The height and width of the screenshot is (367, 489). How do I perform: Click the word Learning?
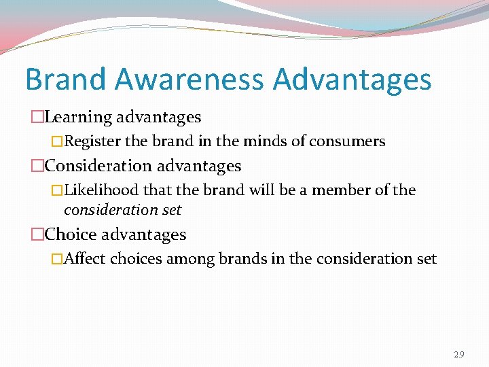coord(78,118)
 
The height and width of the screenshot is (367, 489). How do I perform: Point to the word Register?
coord(92,142)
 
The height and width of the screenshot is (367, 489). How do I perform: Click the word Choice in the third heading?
coord(71,234)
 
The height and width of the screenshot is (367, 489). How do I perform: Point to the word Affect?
coord(84,259)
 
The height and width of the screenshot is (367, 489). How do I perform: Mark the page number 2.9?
coord(460,354)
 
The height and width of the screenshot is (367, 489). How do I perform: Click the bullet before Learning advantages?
coord(37,118)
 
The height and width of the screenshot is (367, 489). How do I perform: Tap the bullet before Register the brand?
coord(57,142)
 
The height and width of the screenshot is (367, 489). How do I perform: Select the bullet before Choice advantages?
coord(37,235)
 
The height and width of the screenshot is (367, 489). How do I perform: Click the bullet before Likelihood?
coord(57,191)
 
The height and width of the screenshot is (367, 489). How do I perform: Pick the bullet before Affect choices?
coord(57,260)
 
